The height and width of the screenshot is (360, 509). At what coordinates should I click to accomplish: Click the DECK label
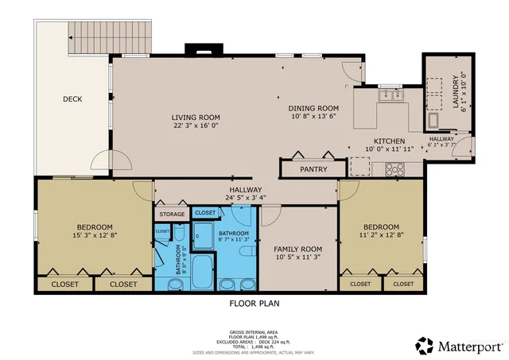coord(72,99)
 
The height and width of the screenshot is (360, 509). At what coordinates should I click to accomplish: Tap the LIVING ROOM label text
coord(196,118)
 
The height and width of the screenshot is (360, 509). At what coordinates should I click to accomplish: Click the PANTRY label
coord(313,169)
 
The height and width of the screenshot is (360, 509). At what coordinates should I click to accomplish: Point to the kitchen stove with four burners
coord(394,168)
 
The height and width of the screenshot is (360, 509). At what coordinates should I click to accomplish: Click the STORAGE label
coord(171,215)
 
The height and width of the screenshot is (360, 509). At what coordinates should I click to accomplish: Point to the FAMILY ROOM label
coord(297,249)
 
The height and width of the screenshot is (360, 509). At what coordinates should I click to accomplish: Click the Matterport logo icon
coord(425,345)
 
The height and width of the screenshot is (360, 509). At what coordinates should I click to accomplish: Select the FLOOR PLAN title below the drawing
coord(254,303)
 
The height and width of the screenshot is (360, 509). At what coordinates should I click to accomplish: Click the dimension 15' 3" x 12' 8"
coord(95,235)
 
